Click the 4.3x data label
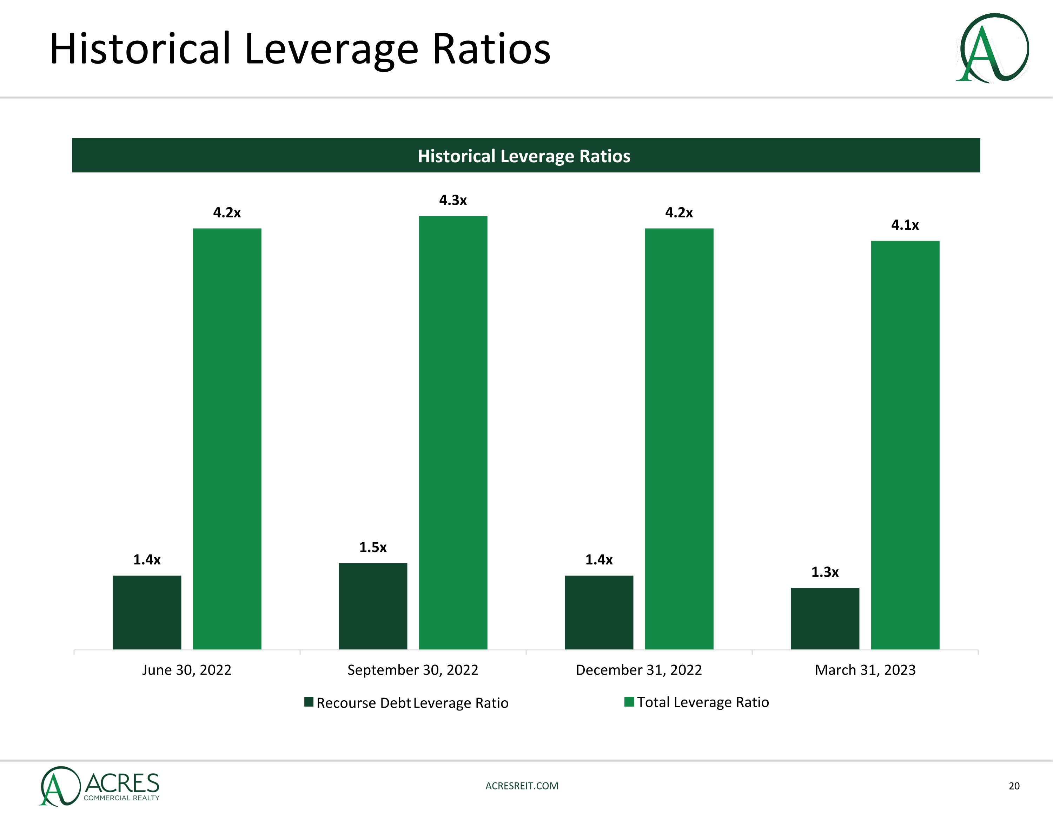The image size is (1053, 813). pos(453,200)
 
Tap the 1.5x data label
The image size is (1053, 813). pos(373,547)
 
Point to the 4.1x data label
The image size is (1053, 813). pos(905,225)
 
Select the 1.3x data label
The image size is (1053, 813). pos(825,572)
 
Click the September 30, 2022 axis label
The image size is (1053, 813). pos(413,670)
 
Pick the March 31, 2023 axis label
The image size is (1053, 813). pos(865,670)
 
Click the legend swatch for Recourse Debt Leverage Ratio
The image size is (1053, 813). pos(309,702)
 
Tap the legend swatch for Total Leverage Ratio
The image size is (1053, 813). pos(629,702)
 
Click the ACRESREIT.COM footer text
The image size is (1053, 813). pos(522,786)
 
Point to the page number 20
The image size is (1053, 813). pos(1014,786)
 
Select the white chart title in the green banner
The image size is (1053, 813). pos(524,156)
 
